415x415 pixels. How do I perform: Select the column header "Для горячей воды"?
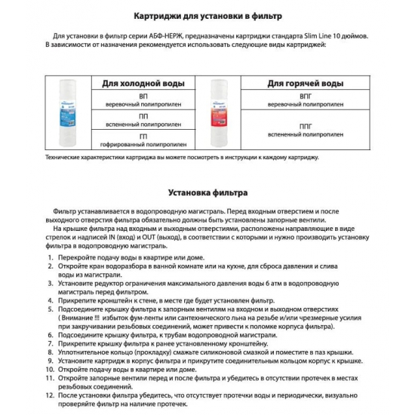tap(306, 83)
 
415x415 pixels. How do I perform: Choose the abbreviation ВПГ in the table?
tap(306, 97)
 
